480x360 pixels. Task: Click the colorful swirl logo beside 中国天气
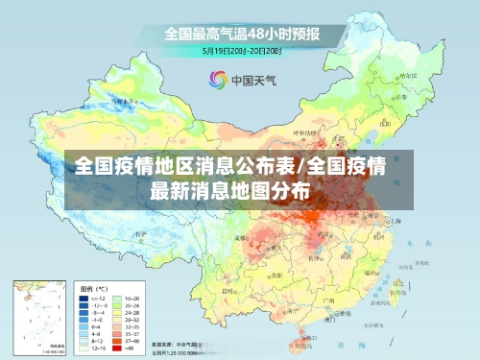click(x=216, y=80)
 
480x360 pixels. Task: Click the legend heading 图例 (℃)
click(x=92, y=288)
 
